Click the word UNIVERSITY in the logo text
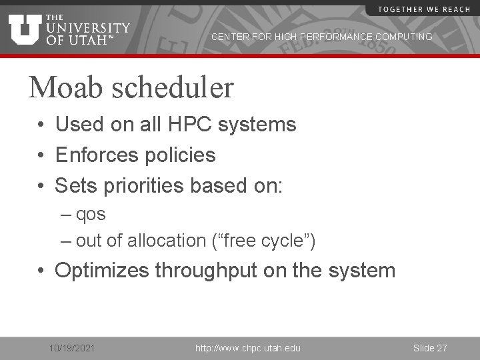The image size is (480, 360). coord(88,28)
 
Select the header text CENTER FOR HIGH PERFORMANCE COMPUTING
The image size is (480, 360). coord(321,37)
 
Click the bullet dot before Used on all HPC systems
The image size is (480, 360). coord(41,125)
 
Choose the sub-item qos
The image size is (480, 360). coord(91,216)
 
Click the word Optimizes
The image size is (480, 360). coord(102,270)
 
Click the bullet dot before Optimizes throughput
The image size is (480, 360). coord(41,271)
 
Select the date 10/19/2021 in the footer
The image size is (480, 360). coord(72,348)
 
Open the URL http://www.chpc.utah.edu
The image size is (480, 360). coord(247,348)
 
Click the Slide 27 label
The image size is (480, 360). coord(430,348)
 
